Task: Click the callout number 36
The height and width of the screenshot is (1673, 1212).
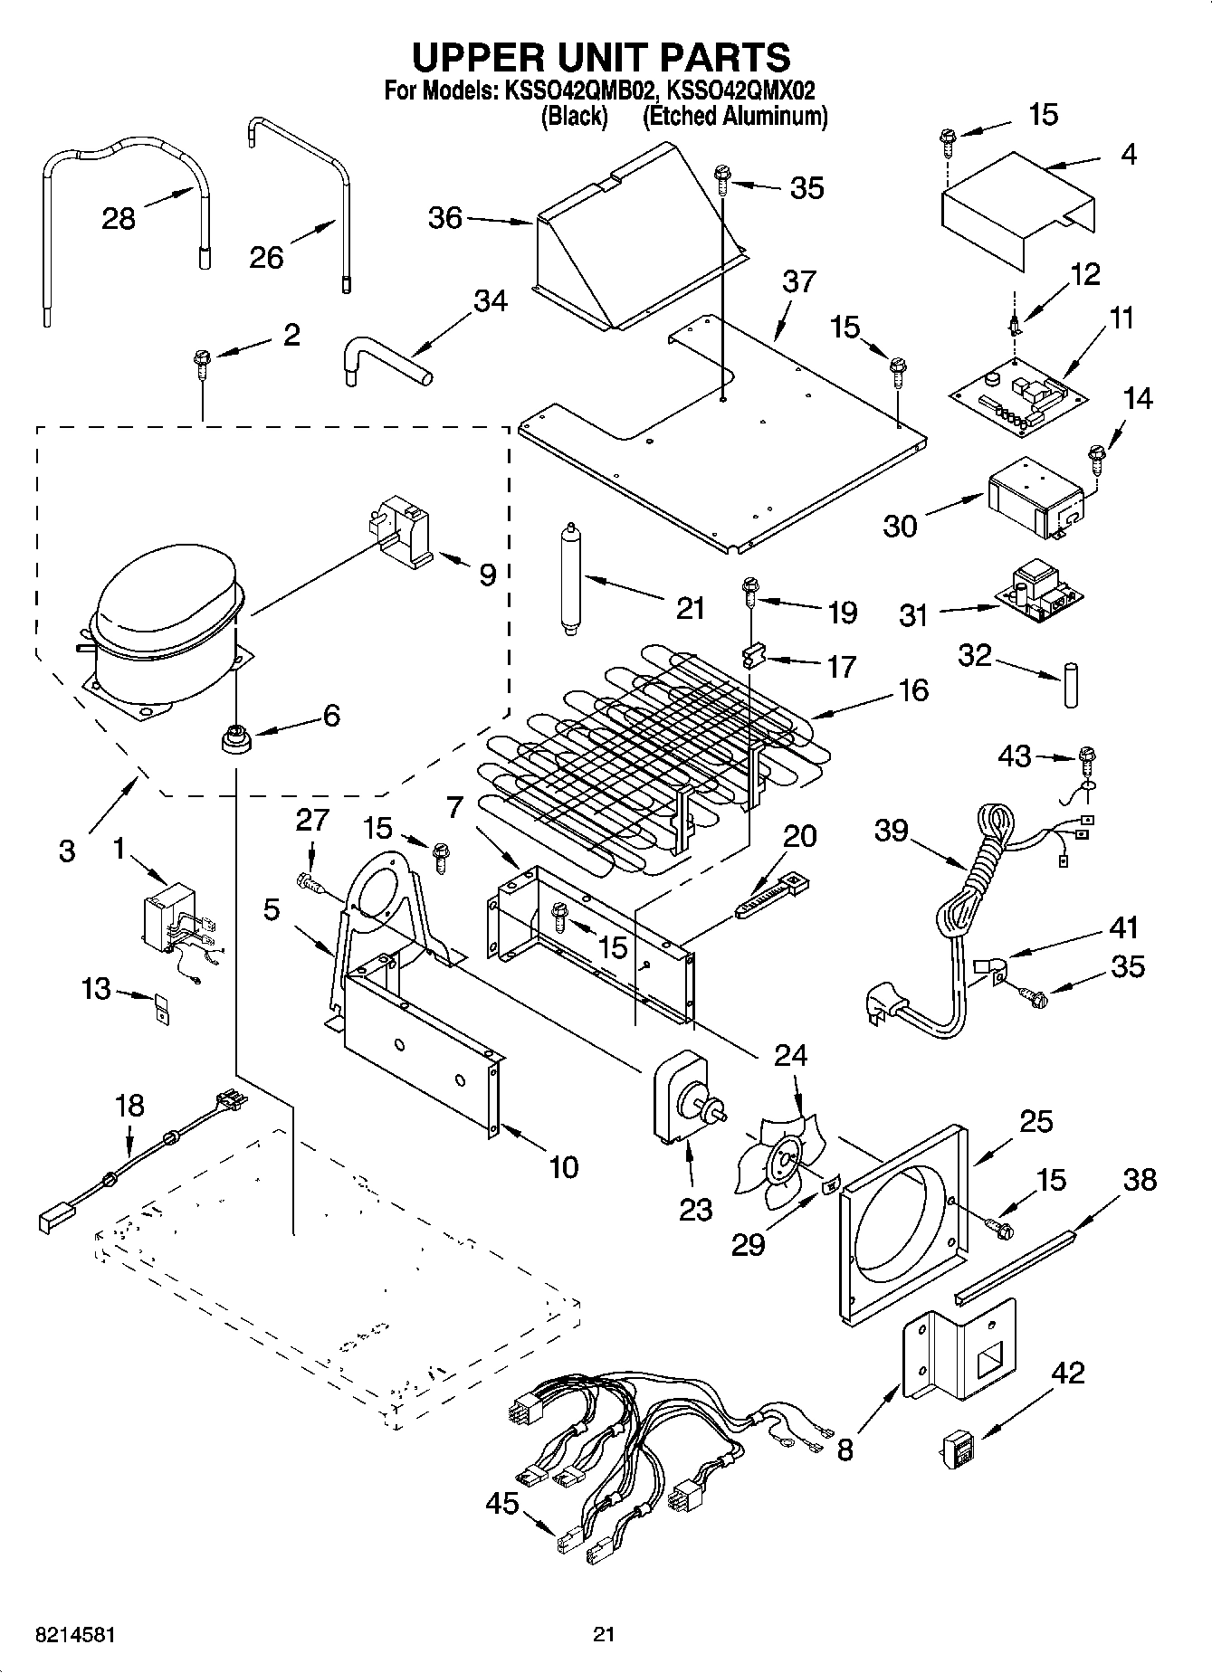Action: tap(444, 218)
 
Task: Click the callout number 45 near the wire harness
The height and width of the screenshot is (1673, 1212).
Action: tap(501, 1504)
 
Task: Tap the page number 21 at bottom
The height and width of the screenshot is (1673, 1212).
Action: tap(604, 1634)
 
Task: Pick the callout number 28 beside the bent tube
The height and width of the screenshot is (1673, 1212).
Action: tap(119, 218)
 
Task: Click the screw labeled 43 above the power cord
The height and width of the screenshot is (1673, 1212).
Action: tap(1088, 756)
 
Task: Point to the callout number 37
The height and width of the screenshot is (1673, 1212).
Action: tap(799, 282)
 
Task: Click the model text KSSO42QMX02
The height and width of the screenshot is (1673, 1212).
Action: tap(749, 90)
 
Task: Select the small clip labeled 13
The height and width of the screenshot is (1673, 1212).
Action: tap(162, 1007)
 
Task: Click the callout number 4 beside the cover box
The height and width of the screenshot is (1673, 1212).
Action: tap(1127, 155)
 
